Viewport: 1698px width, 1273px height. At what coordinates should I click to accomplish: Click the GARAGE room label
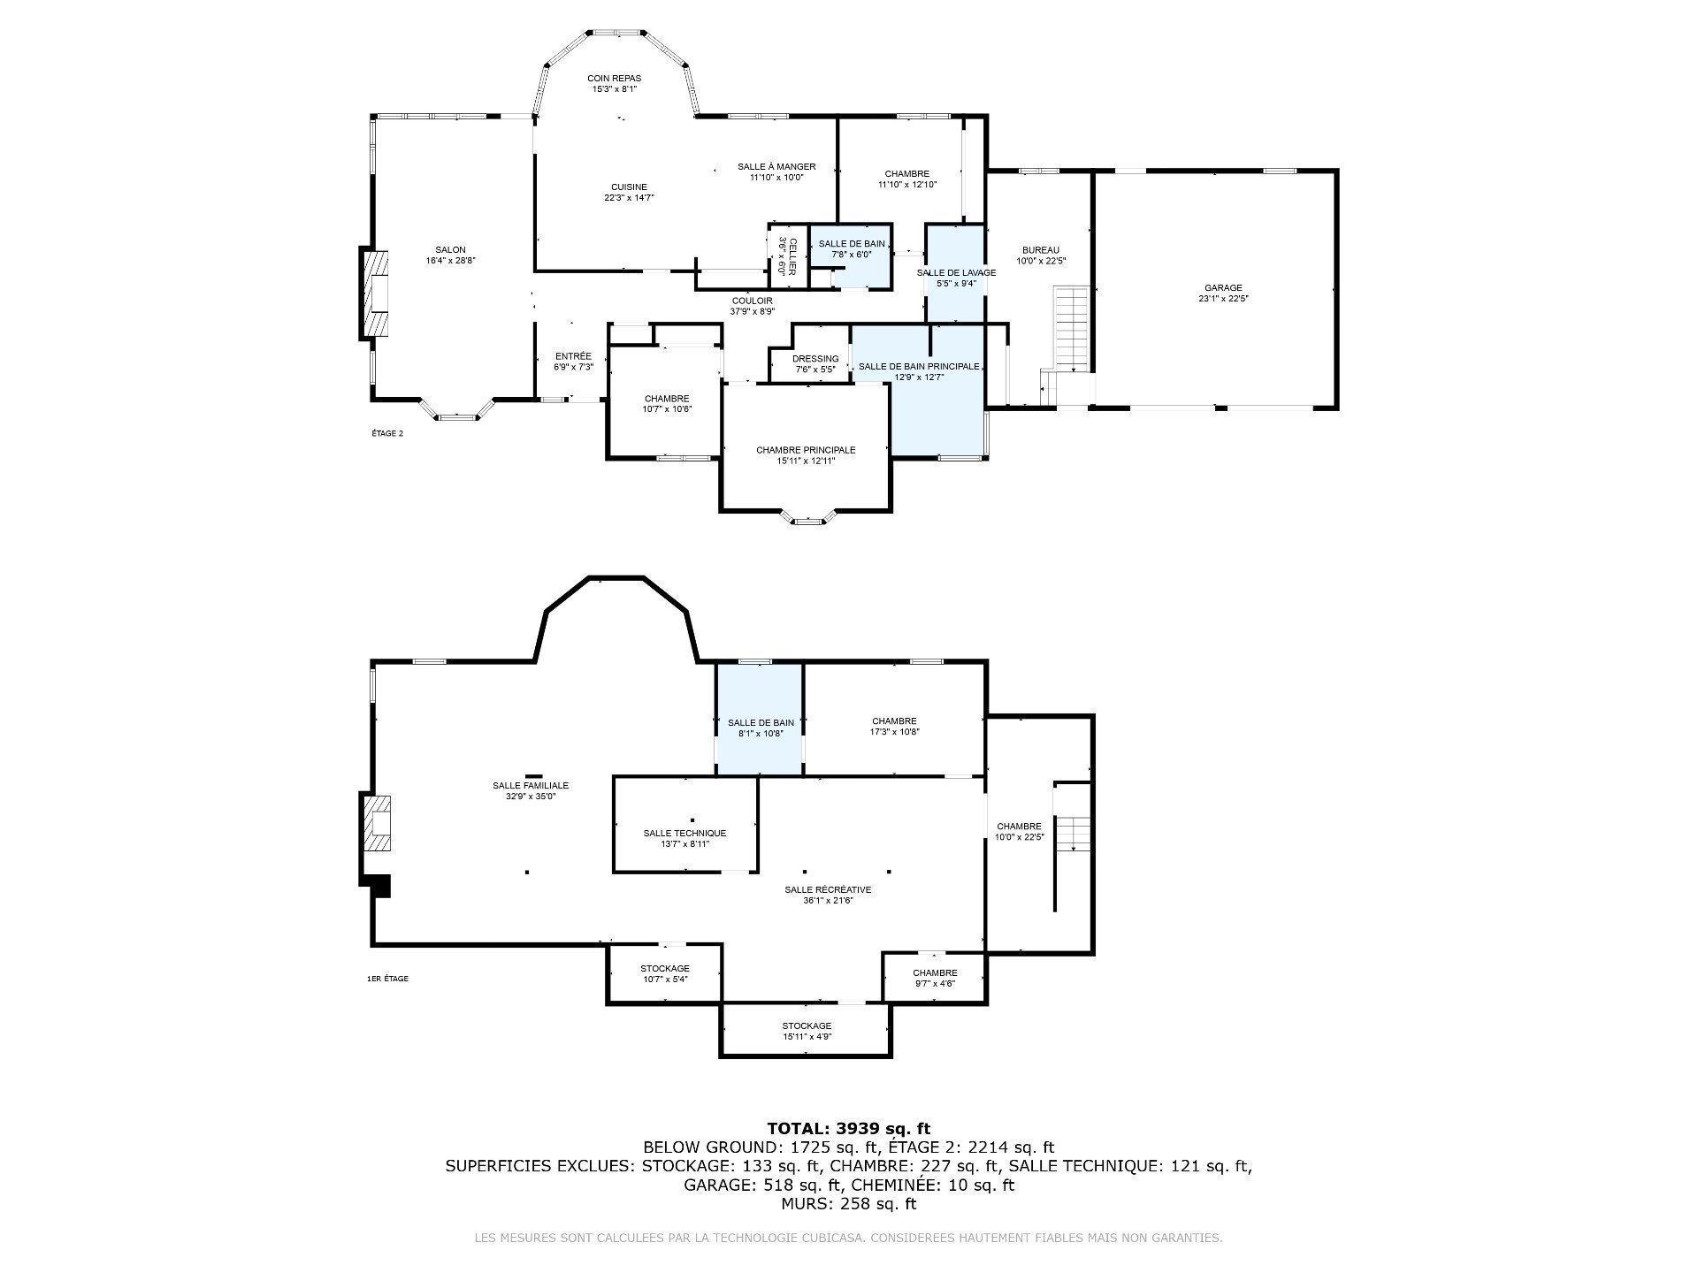click(1223, 288)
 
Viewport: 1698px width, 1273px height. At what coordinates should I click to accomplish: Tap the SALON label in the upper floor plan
click(450, 250)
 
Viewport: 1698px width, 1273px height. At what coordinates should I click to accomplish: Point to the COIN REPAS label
click(615, 79)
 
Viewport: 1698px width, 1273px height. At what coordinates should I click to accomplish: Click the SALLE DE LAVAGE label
click(956, 273)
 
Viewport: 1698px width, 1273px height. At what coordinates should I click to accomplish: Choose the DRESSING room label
click(815, 359)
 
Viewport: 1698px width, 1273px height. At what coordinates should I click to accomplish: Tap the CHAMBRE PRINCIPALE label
click(806, 450)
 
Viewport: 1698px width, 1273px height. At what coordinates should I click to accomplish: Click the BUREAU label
click(1040, 250)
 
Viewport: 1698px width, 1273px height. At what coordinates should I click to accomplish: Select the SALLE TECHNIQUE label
click(685, 834)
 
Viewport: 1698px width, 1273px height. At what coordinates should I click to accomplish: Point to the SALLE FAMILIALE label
click(531, 785)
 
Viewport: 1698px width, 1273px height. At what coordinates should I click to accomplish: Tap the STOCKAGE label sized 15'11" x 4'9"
click(807, 1026)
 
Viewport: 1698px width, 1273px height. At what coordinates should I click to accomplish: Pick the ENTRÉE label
click(573, 356)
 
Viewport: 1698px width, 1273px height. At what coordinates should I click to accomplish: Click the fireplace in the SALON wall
click(377, 293)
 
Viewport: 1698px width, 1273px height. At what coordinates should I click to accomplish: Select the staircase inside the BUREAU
click(1071, 329)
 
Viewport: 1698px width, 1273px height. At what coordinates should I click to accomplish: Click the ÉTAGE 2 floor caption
click(387, 433)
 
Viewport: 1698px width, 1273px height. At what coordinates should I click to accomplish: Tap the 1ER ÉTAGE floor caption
click(387, 979)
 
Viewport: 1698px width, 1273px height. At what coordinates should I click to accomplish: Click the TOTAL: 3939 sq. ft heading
click(848, 1128)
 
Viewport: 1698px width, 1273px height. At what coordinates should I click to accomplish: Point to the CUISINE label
click(629, 187)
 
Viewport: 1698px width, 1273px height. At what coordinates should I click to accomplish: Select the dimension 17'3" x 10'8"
click(894, 732)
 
